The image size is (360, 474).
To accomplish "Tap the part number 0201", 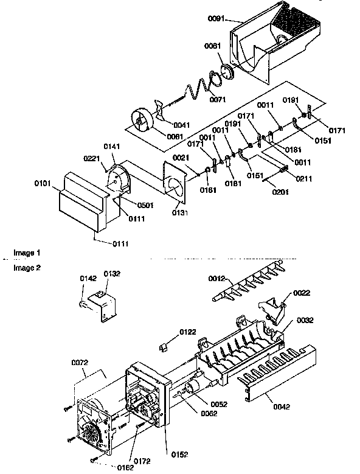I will [x=282, y=192].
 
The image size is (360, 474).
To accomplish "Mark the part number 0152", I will [x=179, y=453].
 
